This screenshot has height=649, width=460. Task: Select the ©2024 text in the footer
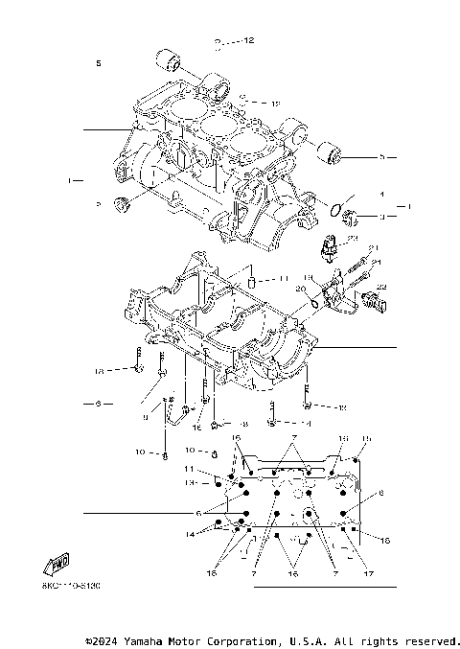[x=103, y=639]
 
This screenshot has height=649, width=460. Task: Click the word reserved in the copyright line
[x=432, y=639]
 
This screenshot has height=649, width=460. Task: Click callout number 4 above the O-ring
[x=380, y=195]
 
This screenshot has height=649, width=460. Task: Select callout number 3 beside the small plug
[x=380, y=217]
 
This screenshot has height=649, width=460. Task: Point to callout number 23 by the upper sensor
[x=379, y=239]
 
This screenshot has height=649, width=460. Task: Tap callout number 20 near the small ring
[x=300, y=288]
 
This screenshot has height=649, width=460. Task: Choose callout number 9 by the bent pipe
[x=146, y=417]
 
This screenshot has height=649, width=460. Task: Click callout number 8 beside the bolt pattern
[x=380, y=493]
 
